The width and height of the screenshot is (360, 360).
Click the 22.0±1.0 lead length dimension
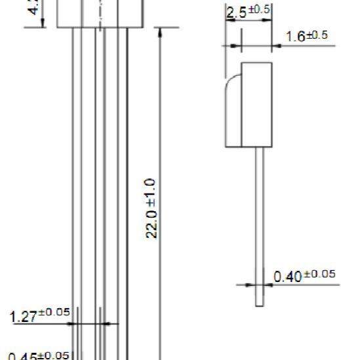pos(150,208)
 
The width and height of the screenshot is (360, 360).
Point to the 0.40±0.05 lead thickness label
pos(305,276)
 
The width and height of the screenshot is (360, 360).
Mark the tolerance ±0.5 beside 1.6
pos(319,35)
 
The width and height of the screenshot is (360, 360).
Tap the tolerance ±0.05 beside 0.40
pos(319,274)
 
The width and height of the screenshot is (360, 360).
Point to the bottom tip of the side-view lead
pos(260,303)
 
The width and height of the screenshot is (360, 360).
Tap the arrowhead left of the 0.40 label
pos(250,285)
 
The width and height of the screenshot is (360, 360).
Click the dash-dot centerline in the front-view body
pos(100,13)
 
